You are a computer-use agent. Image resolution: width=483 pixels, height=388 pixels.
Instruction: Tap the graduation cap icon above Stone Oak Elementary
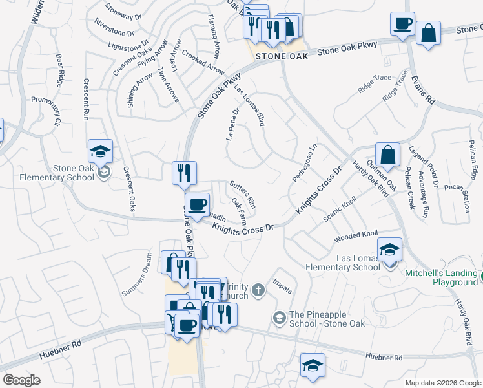click(100, 151)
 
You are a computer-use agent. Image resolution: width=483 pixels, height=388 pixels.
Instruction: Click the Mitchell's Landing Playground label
click(440, 277)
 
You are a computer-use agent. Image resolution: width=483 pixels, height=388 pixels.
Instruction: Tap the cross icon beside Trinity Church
click(258, 290)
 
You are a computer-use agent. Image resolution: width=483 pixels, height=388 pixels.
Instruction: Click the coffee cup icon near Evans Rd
click(402, 25)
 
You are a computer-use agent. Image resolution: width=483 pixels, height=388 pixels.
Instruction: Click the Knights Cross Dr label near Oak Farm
click(243, 226)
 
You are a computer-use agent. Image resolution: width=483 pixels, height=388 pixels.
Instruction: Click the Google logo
click(22, 380)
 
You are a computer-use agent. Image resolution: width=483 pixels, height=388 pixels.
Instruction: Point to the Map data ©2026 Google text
click(442, 383)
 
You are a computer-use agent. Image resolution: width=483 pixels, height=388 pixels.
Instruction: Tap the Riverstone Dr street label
click(114, 27)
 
